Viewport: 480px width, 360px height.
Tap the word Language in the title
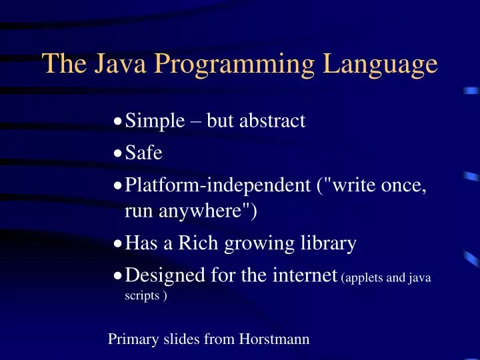pyautogui.click(x=381, y=65)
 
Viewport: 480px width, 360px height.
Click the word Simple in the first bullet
pyautogui.click(x=155, y=122)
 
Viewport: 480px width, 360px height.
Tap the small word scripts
pyautogui.click(x=141, y=296)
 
